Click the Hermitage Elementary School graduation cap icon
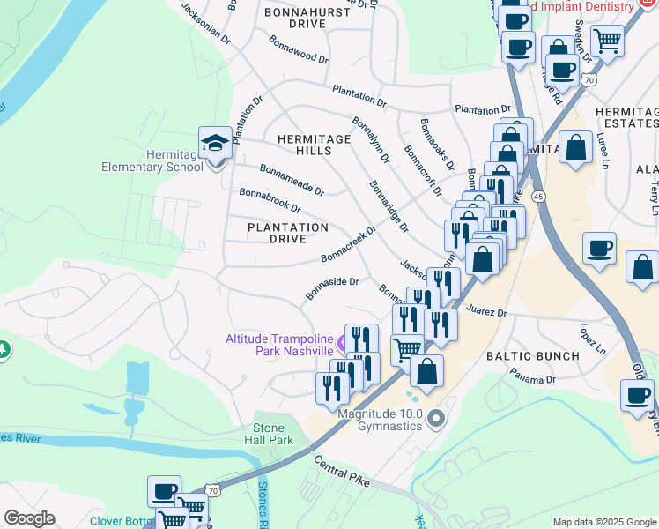click(215, 142)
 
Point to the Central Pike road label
click(343, 471)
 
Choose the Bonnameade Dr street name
click(292, 179)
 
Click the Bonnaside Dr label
click(331, 287)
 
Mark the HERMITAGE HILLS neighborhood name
click(304, 145)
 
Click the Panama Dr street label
click(533, 376)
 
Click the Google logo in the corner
click(29, 518)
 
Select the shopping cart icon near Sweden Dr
click(607, 41)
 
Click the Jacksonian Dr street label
click(205, 24)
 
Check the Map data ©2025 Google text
click(603, 522)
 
